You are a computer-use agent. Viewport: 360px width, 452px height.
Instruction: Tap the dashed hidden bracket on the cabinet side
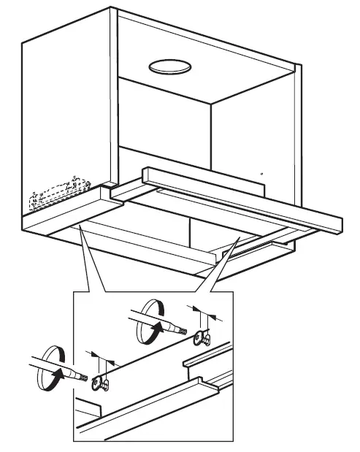click(x=54, y=194)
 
